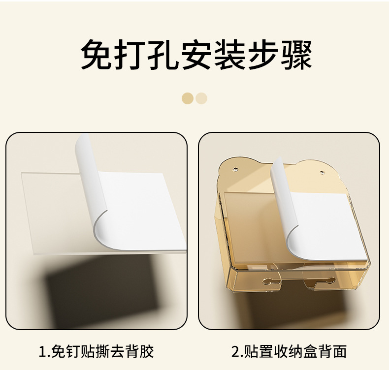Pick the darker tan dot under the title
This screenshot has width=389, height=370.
tap(188, 98)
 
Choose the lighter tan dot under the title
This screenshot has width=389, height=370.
tap(201, 98)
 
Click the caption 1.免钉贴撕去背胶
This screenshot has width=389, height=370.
tap(97, 351)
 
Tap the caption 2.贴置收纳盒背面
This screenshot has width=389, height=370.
tap(290, 351)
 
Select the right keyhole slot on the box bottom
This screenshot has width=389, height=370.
tap(326, 282)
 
